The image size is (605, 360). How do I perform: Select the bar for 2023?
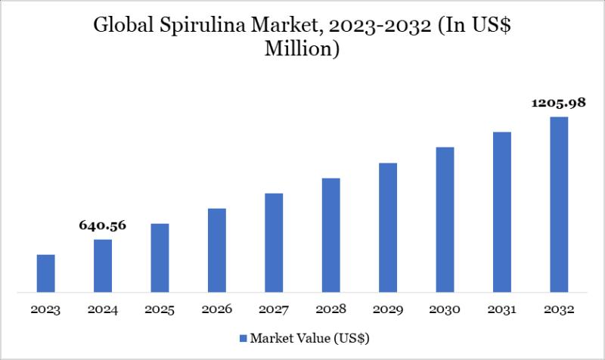point(45,273)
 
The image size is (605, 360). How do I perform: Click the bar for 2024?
point(103,265)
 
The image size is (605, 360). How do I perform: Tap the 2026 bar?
point(217,250)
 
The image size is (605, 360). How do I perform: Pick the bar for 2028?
point(331,234)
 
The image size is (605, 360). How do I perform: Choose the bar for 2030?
point(445,219)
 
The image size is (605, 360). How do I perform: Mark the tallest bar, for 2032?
point(559,204)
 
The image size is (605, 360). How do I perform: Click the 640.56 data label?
point(103,225)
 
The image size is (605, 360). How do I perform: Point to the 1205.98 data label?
point(559,103)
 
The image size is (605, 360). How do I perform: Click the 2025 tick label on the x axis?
point(160,310)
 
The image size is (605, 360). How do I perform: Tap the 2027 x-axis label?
point(274,310)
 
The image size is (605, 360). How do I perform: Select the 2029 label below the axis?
point(388,310)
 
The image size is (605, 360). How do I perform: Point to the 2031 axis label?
point(502,310)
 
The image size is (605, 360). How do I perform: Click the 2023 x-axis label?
point(45,310)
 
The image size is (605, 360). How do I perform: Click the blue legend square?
point(242,337)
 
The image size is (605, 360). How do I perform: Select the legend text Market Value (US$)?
point(310,337)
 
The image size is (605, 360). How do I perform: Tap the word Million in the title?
point(302,50)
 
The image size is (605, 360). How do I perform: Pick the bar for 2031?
point(502,212)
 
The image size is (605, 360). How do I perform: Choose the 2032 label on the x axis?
point(559,310)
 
